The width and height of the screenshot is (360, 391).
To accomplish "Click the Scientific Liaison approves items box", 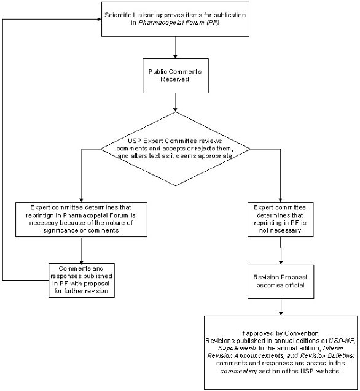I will [176, 19].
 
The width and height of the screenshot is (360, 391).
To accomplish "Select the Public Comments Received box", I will [175, 75].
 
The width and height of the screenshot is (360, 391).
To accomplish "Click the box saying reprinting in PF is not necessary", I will [280, 219].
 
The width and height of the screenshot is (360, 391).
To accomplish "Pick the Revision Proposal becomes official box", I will [280, 281].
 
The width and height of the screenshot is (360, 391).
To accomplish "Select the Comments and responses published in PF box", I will [82, 279].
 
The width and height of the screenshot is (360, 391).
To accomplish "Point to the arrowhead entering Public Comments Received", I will [176, 56].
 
